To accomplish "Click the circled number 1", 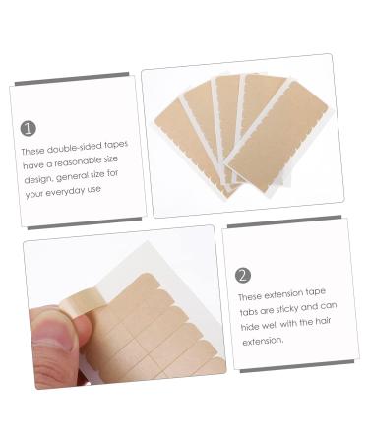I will pyautogui.click(x=28, y=128).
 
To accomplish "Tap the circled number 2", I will pyautogui.click(x=243, y=275).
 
